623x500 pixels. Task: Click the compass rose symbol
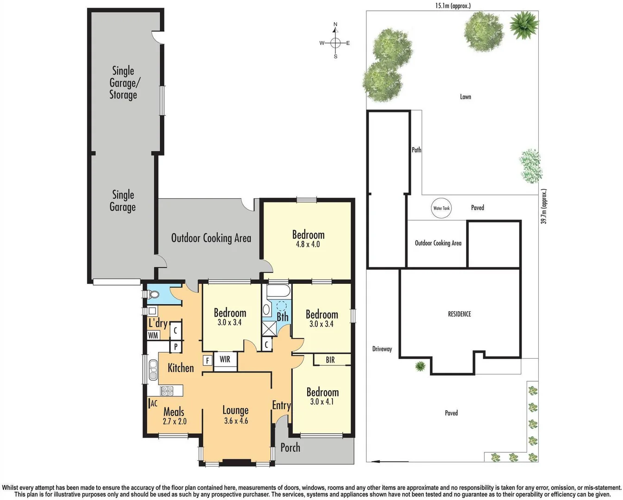[335, 43]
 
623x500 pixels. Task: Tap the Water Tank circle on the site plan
[441, 208]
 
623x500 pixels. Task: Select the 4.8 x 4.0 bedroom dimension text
[308, 244]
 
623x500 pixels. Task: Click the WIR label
[225, 359]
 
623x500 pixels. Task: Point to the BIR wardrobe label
[330, 360]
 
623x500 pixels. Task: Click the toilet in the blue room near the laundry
[153, 294]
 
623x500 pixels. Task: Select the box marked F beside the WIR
[207, 360]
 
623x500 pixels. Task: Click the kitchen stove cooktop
[166, 391]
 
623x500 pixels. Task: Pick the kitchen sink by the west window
[153, 369]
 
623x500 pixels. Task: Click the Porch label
[290, 448]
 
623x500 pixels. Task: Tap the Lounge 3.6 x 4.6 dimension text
[236, 421]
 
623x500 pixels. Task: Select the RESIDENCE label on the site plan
[459, 314]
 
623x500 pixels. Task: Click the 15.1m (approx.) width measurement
[453, 6]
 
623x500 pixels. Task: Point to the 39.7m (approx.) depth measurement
[544, 206]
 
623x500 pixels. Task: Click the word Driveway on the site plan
[382, 349]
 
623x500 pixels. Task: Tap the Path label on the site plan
[416, 150]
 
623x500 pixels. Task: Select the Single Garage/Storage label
[123, 83]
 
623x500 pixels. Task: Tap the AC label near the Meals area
[154, 404]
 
